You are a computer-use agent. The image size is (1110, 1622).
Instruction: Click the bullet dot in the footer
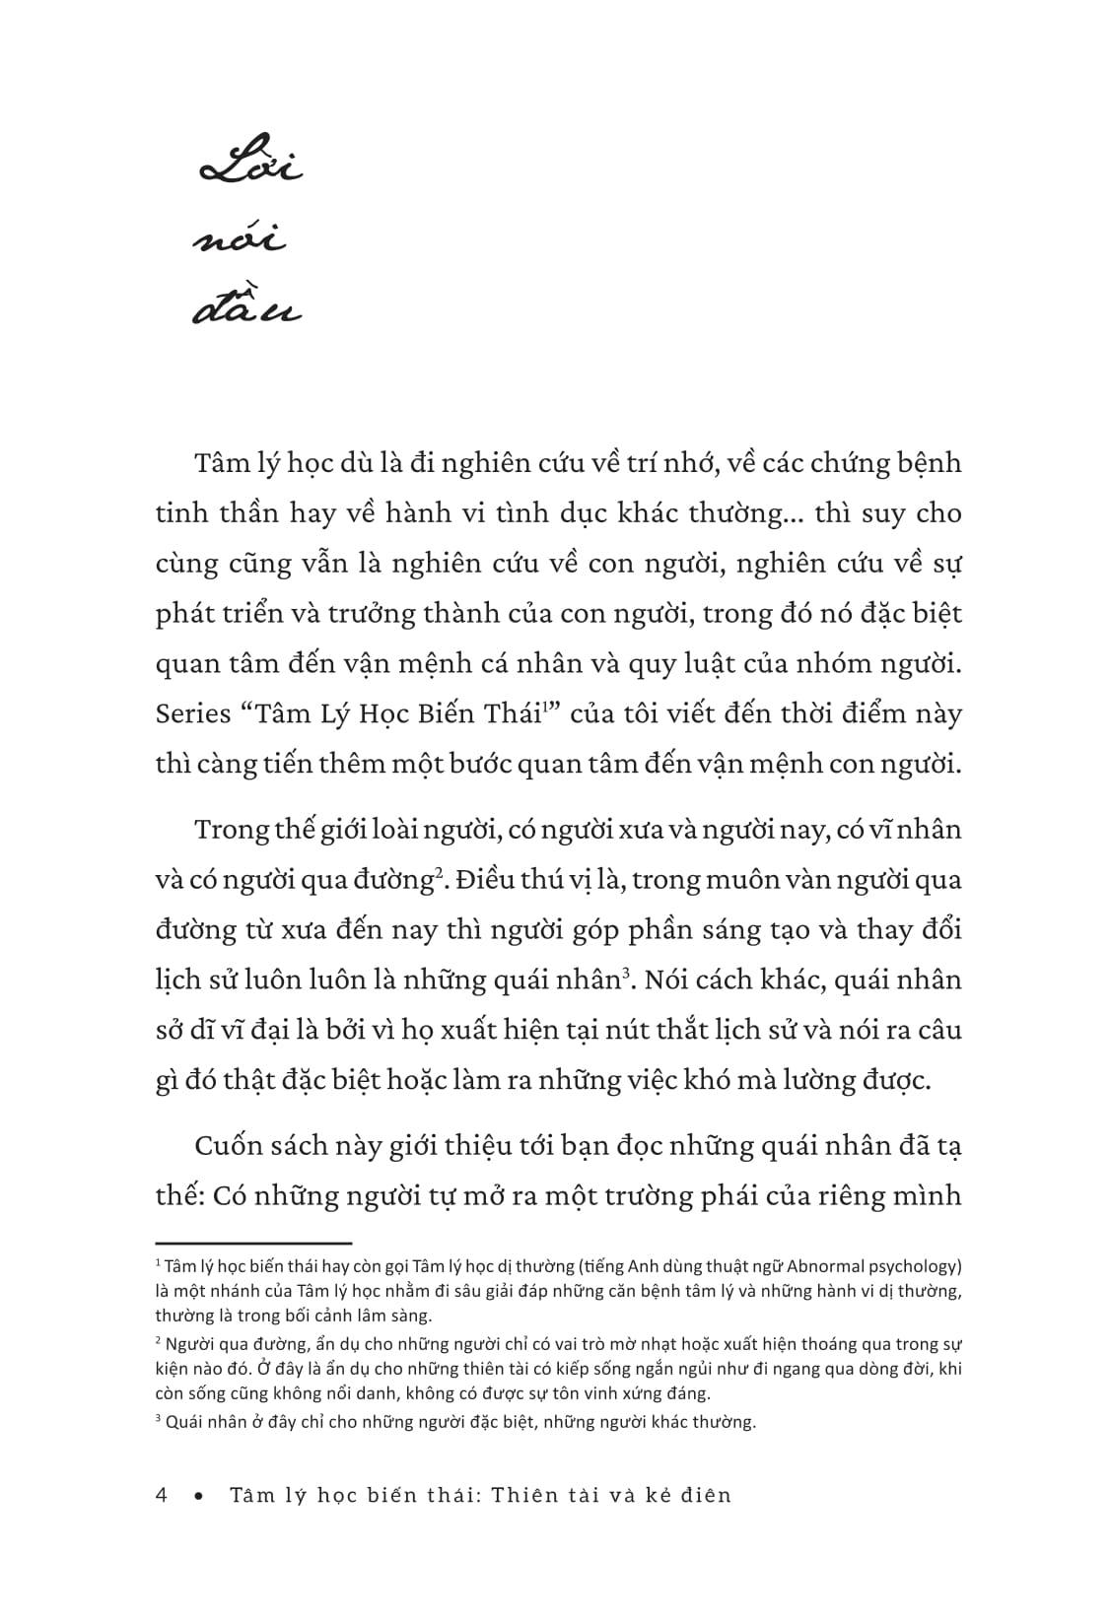coord(199,1496)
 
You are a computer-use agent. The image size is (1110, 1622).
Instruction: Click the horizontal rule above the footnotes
coord(253,1244)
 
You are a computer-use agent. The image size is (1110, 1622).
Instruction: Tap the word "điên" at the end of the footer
coord(706,1495)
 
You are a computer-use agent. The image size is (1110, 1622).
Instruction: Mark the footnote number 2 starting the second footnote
coord(159,1340)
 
